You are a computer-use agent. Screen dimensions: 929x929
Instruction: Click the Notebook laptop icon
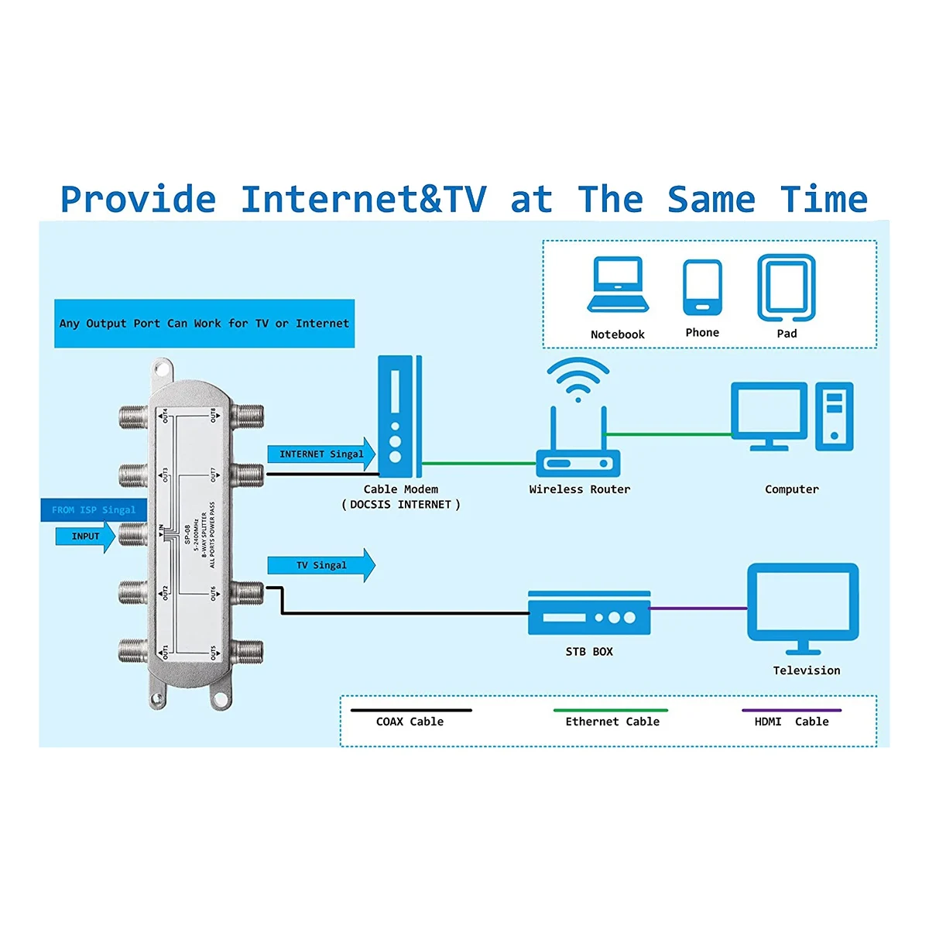pos(617,285)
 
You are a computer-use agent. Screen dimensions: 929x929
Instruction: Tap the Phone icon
pos(701,287)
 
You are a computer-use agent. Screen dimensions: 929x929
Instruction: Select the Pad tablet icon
pos(786,287)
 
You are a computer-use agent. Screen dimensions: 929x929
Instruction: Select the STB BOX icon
pos(589,614)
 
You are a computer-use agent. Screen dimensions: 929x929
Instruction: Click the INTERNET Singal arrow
pos(321,454)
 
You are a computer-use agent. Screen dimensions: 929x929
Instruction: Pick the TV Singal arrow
pos(321,565)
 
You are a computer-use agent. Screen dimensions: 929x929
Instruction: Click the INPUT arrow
pos(85,536)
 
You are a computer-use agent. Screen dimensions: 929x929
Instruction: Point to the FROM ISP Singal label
pos(93,510)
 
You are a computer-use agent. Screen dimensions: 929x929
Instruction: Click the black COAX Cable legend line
pos(410,710)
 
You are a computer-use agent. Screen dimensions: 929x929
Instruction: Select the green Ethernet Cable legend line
pos(611,710)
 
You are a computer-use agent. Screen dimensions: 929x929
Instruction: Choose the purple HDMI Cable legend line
pos(791,710)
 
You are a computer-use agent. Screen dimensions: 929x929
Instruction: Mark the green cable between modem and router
pos(479,464)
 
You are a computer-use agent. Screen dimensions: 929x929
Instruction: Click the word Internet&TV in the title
pos(363,199)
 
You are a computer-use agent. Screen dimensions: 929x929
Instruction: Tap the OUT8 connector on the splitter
pos(249,416)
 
